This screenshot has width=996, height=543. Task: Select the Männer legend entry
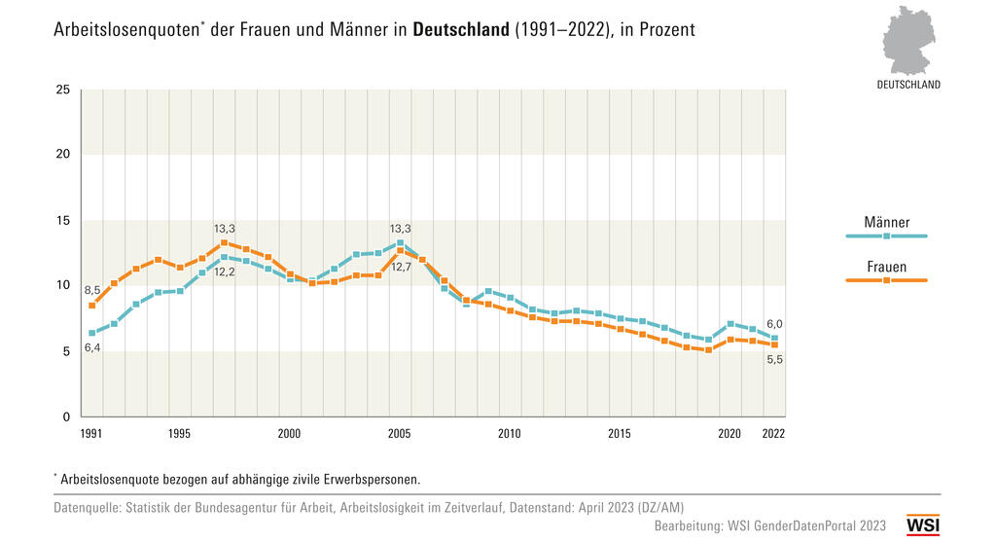click(x=886, y=223)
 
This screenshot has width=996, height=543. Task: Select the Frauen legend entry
click(x=886, y=268)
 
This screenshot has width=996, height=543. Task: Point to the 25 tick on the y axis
click(x=63, y=90)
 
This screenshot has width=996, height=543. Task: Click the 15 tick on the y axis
click(x=63, y=221)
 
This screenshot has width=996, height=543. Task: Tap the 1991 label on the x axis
click(x=91, y=434)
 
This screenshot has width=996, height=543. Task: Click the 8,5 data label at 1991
click(x=91, y=290)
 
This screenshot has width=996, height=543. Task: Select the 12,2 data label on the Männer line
click(x=225, y=272)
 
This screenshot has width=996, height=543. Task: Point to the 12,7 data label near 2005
click(x=401, y=267)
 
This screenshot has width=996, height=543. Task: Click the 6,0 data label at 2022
click(x=774, y=324)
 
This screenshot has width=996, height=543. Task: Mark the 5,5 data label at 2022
click(x=774, y=360)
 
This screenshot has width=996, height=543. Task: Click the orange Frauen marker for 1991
click(x=92, y=306)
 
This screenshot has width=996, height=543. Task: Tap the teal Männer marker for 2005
click(x=400, y=243)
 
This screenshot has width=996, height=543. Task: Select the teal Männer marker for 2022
click(x=774, y=339)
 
